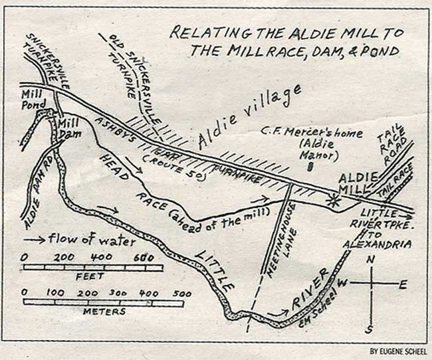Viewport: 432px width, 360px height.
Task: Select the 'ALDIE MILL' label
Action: tap(358, 184)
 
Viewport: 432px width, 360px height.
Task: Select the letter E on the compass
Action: tap(403, 283)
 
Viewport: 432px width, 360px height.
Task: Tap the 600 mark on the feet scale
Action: tap(144, 258)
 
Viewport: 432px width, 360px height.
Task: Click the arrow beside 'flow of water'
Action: tap(43, 240)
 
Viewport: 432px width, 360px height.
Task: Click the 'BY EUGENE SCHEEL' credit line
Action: tap(398, 351)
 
